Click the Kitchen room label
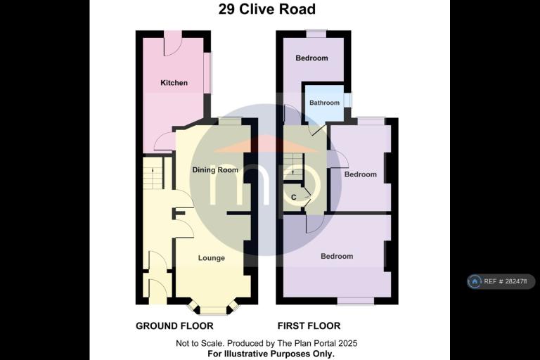174,83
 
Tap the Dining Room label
215,170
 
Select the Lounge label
212,258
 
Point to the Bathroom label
324,103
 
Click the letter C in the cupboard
294,198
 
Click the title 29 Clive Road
267,9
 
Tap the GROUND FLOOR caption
174,326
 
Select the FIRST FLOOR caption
309,326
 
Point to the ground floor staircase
153,174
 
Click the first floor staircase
293,167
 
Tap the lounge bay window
214,309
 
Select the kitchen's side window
209,72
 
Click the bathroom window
348,100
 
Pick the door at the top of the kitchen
172,43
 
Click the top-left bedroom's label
311,58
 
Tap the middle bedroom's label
360,174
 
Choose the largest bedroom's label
337,257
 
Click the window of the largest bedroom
355,301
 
